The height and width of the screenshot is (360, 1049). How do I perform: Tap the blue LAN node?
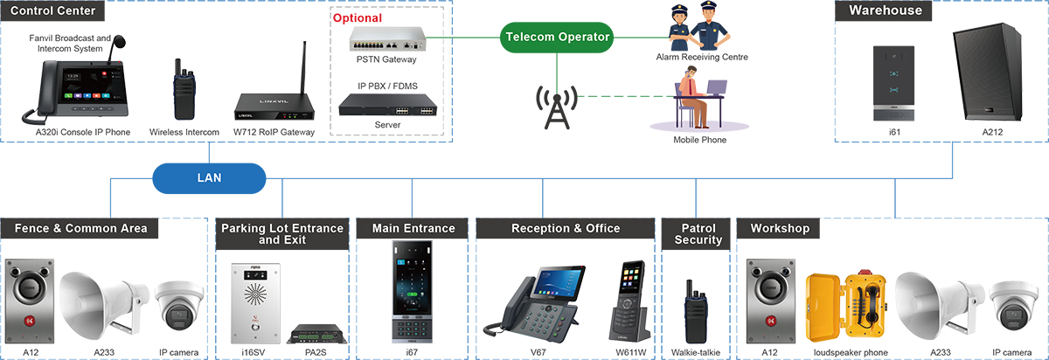point(209,177)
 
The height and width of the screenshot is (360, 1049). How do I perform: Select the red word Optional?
point(358,17)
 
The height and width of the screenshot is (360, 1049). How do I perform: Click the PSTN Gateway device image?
point(386,39)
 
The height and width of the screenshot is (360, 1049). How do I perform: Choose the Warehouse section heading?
point(885,10)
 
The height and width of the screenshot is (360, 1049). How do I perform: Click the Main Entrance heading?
point(413,229)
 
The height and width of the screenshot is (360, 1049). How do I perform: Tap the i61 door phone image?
point(893,83)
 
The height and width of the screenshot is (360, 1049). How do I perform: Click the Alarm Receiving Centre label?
point(702,58)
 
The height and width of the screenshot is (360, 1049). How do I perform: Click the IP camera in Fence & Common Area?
point(180,307)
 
